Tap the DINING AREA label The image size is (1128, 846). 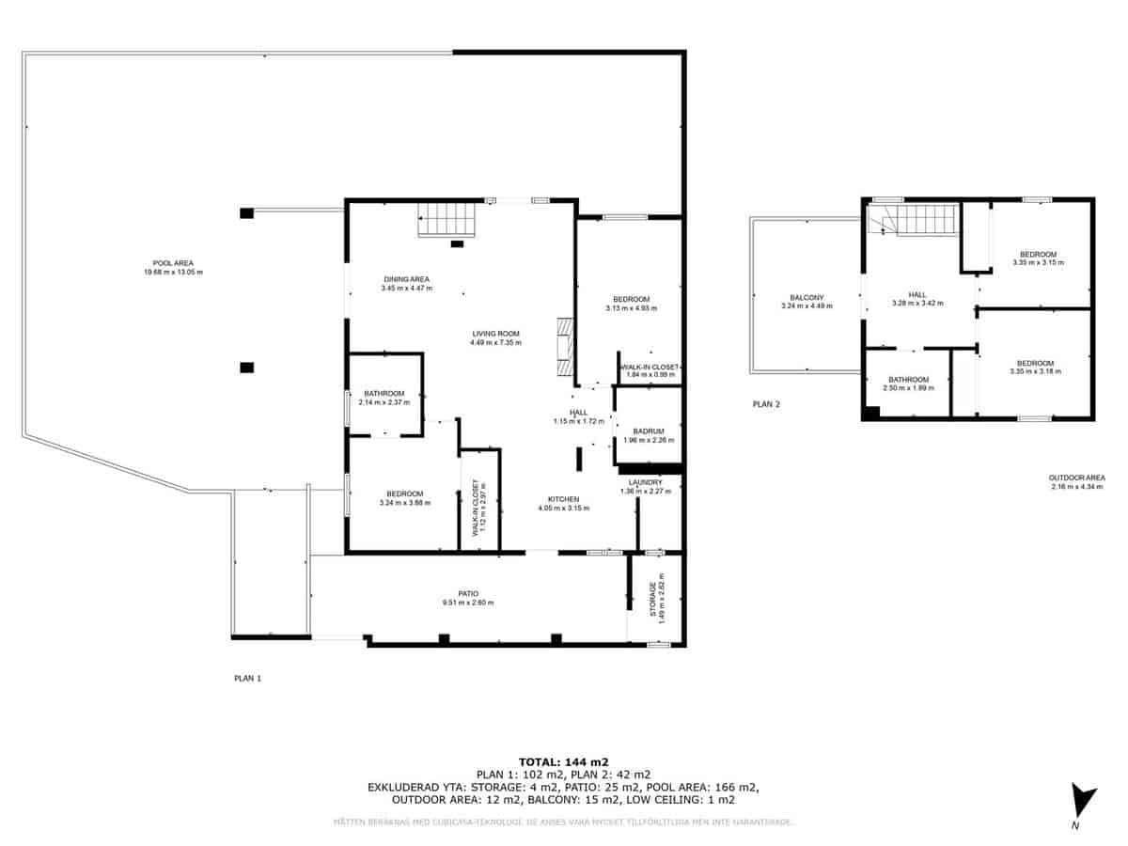(406, 279)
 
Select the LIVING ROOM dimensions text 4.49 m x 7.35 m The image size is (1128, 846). (495, 343)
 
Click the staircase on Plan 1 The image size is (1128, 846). (447, 222)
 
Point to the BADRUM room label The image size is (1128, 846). (649, 431)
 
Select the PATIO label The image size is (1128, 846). (468, 593)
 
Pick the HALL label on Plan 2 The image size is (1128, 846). (916, 294)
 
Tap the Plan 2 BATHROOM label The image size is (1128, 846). (907, 380)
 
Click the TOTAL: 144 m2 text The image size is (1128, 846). (564, 761)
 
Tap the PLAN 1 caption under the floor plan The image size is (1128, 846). (247, 677)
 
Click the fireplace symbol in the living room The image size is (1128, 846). (563, 347)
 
